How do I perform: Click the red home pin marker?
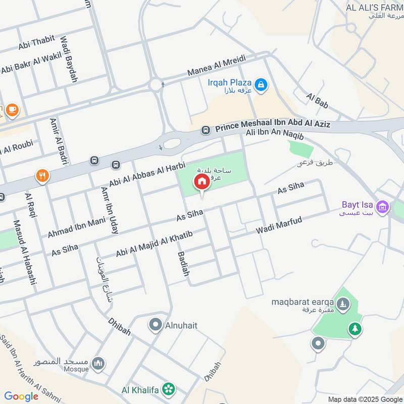201,182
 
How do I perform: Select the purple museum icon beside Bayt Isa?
383,207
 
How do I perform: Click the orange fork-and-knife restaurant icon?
43,176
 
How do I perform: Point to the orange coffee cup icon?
12,109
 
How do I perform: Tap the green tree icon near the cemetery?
355,329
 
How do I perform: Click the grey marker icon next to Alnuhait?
156,325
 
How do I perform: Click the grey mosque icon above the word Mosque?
98,363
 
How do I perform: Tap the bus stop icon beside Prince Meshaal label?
206,130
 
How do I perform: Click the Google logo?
21,396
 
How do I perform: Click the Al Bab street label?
317,100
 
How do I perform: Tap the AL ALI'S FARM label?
374,8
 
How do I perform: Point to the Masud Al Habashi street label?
25,252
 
